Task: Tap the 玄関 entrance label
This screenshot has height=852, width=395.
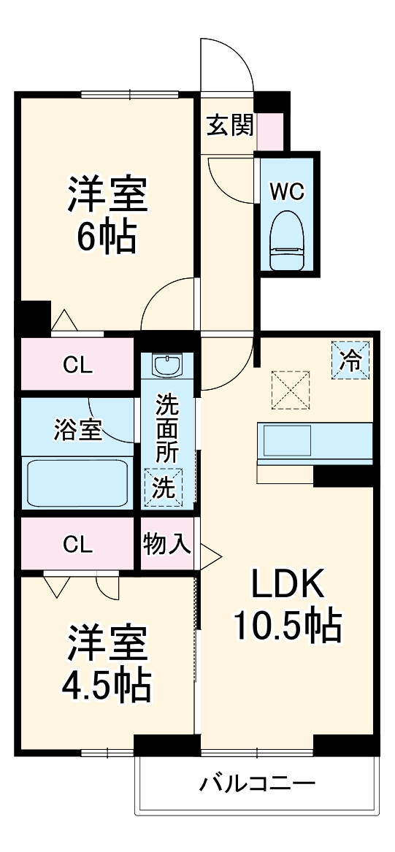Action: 229,126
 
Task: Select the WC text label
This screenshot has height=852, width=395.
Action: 286,192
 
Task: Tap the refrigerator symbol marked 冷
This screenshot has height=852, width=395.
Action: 351,361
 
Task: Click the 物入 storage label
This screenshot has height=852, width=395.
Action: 167,544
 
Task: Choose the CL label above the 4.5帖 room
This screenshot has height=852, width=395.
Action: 77,544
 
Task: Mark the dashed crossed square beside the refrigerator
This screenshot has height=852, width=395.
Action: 291,388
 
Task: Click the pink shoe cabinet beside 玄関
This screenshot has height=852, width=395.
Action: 268,131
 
